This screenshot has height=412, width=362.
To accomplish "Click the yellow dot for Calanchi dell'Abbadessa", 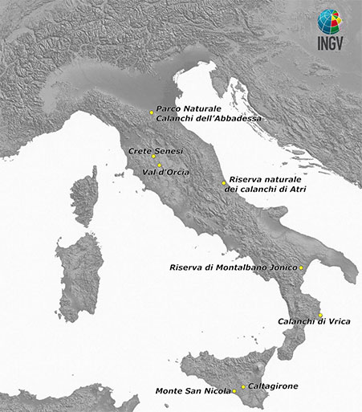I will tap(152, 112).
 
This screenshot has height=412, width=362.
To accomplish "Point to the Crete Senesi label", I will tap(157, 150).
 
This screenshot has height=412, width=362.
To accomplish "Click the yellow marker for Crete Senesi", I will tap(154, 157).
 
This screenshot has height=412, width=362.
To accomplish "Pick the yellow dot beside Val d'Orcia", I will tap(159, 165).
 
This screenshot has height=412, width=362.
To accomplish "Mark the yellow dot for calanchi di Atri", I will tap(224, 183).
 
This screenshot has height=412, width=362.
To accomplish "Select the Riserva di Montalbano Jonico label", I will tap(234, 267).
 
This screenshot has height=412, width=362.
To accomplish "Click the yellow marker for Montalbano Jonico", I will tap(300, 267).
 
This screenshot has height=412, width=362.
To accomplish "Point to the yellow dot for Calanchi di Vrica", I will tap(319, 315).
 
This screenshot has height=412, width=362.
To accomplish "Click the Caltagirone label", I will tap(273, 386).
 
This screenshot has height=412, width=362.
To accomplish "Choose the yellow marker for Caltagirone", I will tap(243, 386).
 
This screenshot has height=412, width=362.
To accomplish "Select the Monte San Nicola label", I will tap(192, 392).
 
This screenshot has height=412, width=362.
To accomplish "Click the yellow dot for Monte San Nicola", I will tap(234, 392).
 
